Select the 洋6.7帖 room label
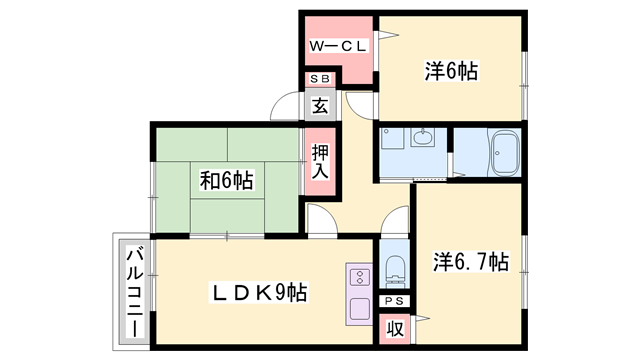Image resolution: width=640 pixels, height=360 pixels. click(x=470, y=262)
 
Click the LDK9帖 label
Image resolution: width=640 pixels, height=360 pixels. click(x=257, y=292)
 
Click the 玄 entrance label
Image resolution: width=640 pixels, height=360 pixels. click(x=319, y=104)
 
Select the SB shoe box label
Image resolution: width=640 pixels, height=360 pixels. click(x=319, y=78)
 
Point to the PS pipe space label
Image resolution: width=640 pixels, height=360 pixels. click(x=394, y=300)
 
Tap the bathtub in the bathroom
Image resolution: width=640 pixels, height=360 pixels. click(x=500, y=153)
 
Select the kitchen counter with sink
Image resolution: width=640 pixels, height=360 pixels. click(x=359, y=293)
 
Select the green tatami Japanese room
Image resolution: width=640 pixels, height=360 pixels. click(x=226, y=181)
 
